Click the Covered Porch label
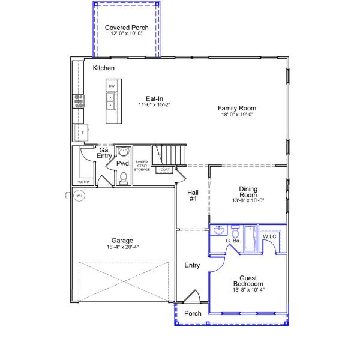click(127, 28)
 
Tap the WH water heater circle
click(79, 196)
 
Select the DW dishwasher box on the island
click(112, 86)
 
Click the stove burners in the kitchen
click(79, 101)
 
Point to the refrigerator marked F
click(81, 133)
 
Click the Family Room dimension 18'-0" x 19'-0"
click(237, 115)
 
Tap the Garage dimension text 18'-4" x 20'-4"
click(122, 247)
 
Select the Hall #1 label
click(193, 196)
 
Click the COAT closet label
click(165, 170)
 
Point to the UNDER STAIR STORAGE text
click(142, 166)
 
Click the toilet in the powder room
click(124, 178)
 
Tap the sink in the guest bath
click(219, 230)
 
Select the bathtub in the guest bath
click(250, 238)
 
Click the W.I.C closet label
click(269, 236)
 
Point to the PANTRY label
click(83, 182)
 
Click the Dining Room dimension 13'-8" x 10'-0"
click(248, 200)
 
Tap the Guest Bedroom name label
click(248, 281)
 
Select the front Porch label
click(193, 313)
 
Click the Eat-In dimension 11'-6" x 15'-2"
click(154, 104)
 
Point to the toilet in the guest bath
click(235, 232)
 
